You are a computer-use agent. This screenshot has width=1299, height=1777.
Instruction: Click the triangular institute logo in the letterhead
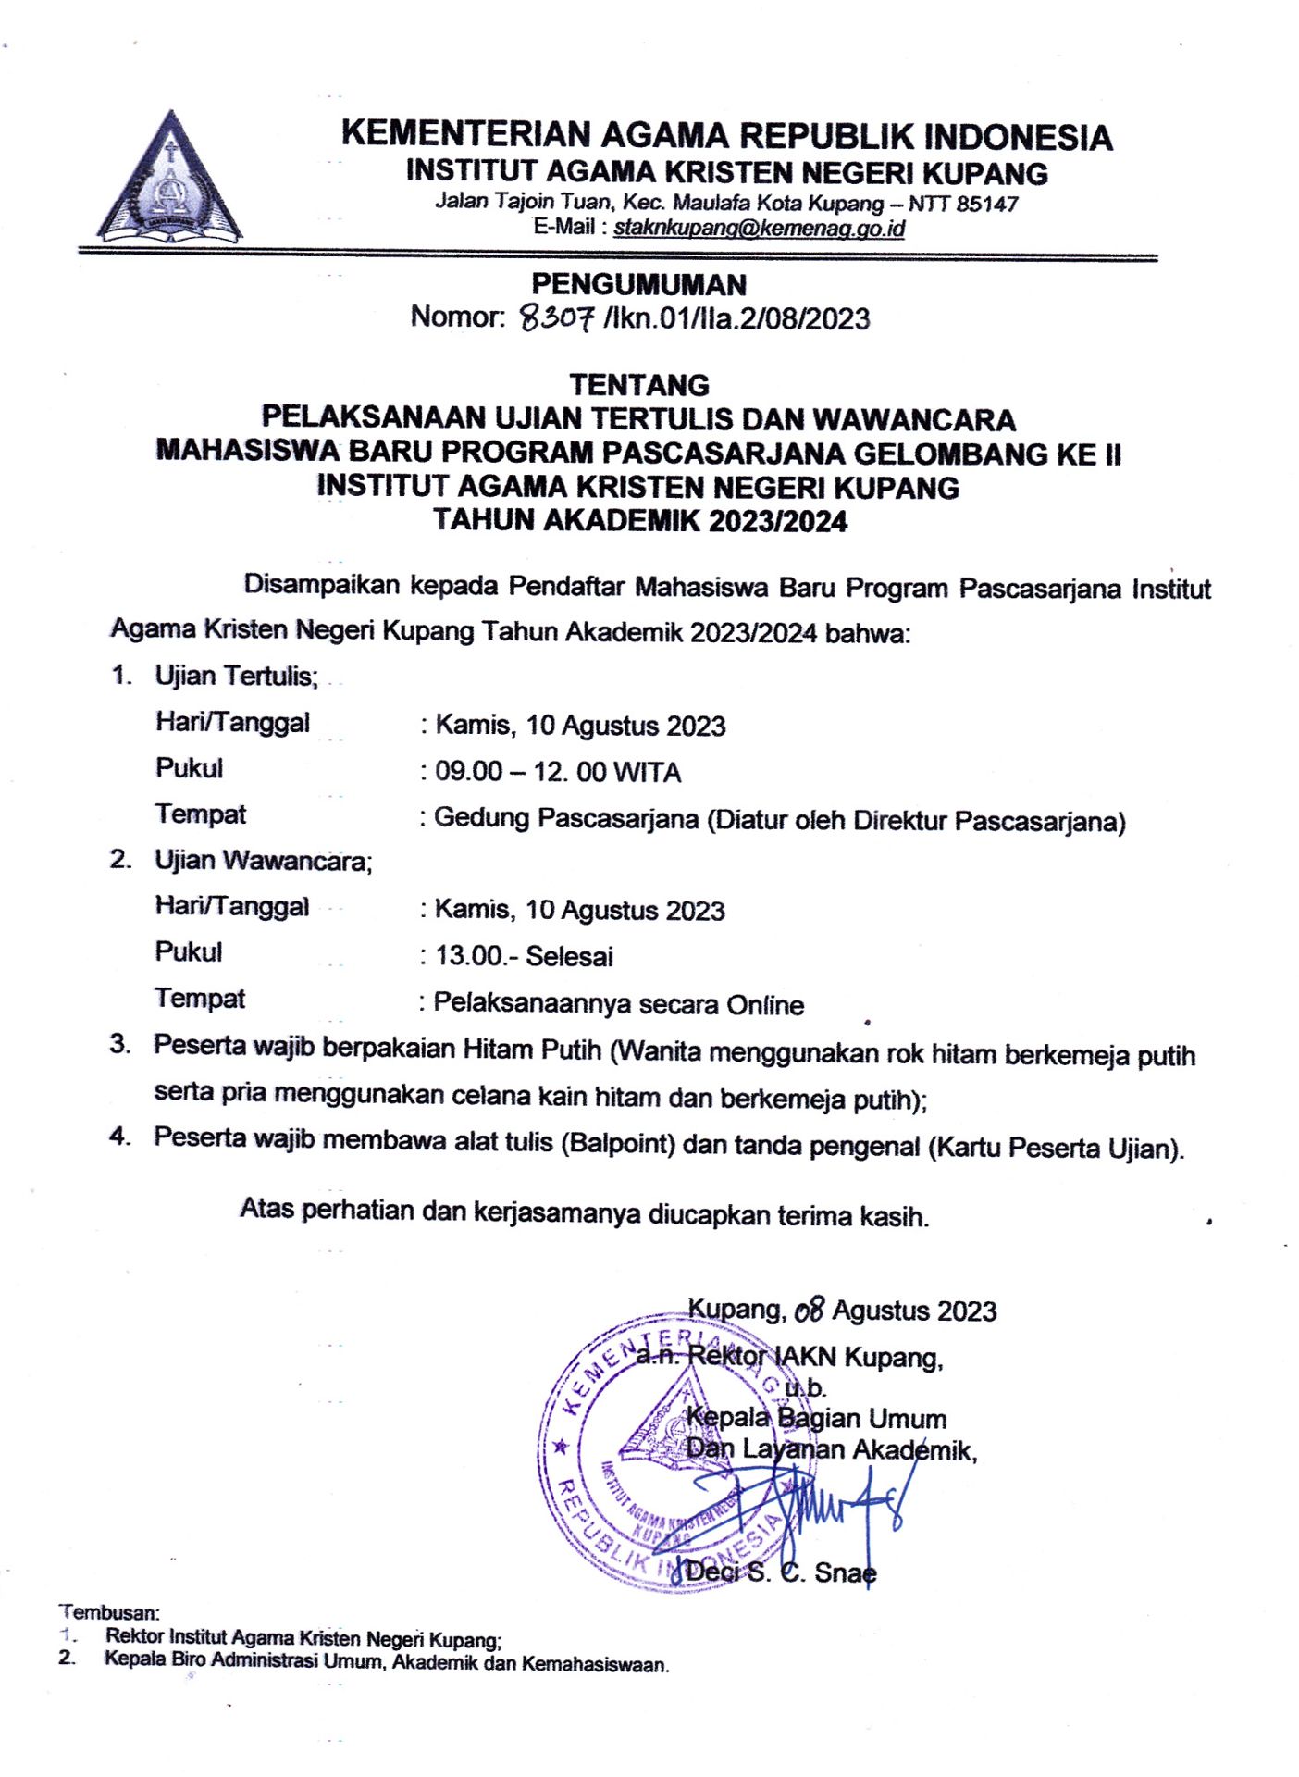point(169,179)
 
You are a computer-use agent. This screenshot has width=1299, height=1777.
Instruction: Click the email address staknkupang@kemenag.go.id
point(759,228)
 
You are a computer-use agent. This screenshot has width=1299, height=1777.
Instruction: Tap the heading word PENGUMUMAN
point(638,284)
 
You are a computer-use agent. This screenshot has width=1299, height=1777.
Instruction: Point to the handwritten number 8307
point(556,319)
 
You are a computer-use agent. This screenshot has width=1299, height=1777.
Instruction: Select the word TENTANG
point(639,385)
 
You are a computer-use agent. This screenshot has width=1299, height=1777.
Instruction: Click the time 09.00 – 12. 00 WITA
point(558,772)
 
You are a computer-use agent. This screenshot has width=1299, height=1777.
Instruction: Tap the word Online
point(765,1005)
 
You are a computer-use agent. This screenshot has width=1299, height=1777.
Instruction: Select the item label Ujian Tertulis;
point(236,677)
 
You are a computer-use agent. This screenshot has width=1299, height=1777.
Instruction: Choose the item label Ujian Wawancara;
point(263,861)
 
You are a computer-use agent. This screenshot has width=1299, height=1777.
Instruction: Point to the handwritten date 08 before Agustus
point(809,1311)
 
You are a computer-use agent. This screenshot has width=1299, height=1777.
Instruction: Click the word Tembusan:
point(109,1613)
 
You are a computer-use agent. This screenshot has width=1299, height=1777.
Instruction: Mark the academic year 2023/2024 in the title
point(777,521)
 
